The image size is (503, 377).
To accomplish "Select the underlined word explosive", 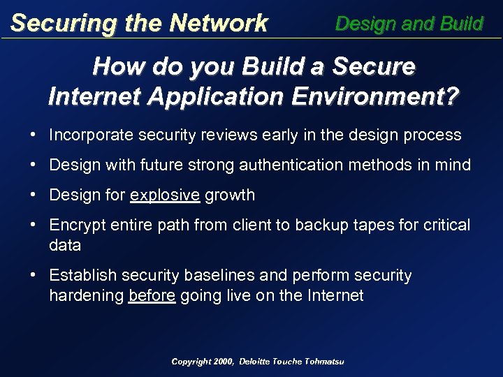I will pos(166,195).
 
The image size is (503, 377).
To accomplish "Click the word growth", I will pos(231,195).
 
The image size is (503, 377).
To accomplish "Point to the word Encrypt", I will pos(76,226).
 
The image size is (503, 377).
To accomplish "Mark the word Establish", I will pos(79,276).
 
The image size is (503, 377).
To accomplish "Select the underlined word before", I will pos(152,295).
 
